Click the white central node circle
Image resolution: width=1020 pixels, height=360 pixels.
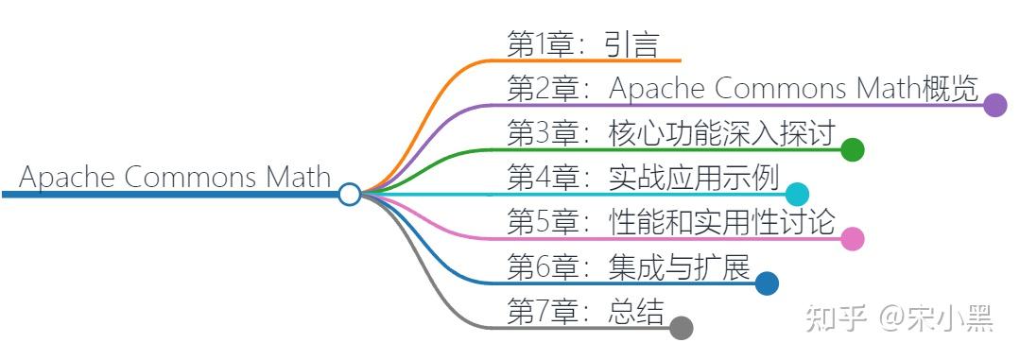point(350,194)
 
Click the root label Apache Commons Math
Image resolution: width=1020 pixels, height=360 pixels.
point(175,177)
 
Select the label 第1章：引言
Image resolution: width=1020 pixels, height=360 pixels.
point(581,43)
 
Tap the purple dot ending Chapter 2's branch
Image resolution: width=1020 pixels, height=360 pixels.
point(994,105)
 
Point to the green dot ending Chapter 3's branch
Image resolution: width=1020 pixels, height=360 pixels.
point(853,149)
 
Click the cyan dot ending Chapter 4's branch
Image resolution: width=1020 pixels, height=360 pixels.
point(797,194)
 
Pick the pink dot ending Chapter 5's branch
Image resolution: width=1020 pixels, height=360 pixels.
point(853,238)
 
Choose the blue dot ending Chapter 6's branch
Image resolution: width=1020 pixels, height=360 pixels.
point(767,283)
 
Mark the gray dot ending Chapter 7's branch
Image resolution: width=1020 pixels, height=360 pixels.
point(681,328)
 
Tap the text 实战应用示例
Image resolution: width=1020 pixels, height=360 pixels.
point(694,177)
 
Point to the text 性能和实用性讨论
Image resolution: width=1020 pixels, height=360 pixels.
point(722,222)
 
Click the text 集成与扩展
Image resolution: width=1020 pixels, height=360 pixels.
point(680,267)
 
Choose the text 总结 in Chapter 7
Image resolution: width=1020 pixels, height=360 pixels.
point(636,312)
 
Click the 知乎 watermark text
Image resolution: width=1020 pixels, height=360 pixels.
point(835,319)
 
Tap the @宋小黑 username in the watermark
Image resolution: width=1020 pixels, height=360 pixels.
point(936,319)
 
